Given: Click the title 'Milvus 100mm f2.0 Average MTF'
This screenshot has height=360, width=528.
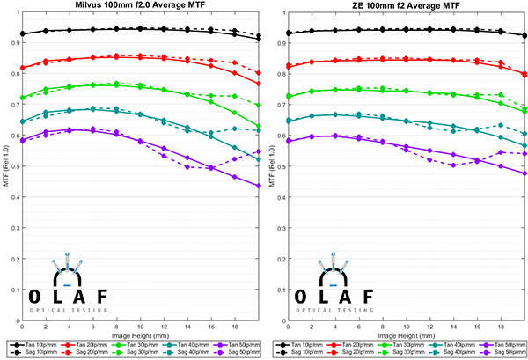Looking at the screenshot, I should tap(140, 7).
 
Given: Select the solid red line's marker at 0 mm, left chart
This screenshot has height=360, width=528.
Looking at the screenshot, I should tap(22, 68).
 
